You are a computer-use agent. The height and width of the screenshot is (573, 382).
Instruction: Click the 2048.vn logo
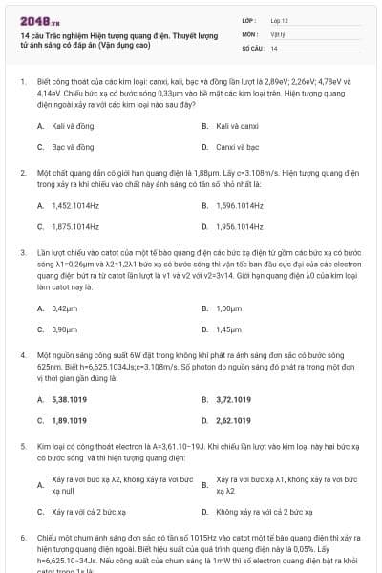pos(39,19)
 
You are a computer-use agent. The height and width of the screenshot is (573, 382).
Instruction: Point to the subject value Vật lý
pos(277,33)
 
